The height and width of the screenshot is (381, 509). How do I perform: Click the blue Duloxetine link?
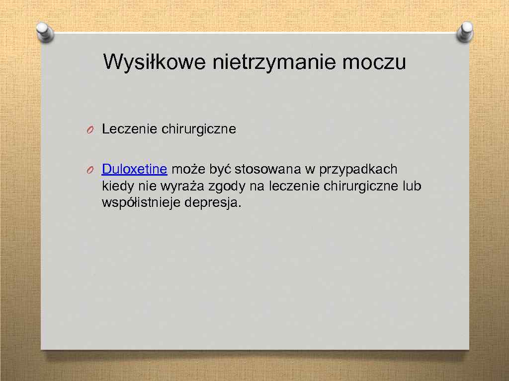(134, 169)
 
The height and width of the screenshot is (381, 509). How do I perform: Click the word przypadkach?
(358, 170)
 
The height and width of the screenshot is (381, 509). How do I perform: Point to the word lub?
(412, 186)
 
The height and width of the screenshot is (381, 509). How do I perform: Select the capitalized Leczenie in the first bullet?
(130, 129)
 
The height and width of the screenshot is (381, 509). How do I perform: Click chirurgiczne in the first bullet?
(199, 129)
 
